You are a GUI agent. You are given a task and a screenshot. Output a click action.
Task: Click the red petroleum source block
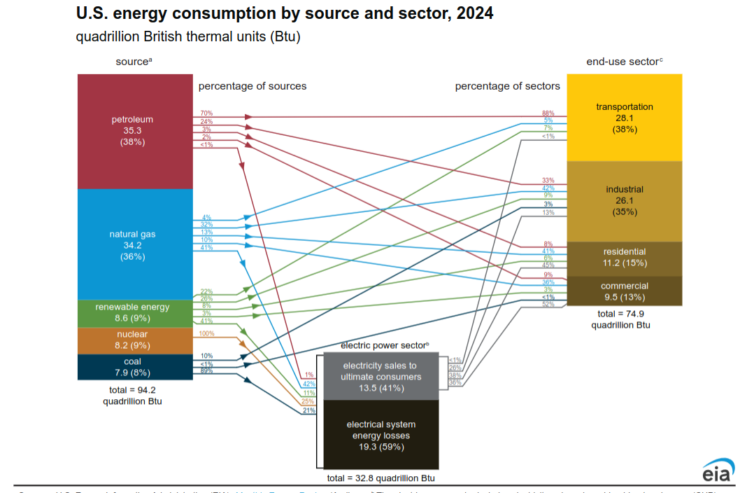134,131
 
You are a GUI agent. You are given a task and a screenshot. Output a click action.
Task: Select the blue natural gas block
134,244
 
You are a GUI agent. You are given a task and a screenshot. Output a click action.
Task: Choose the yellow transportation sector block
624,117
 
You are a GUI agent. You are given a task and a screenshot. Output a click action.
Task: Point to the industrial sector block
624,201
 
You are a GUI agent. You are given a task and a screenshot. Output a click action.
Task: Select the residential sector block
624,258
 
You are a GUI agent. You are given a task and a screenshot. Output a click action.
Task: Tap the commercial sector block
624,291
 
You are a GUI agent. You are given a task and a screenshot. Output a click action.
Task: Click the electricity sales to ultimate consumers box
380,376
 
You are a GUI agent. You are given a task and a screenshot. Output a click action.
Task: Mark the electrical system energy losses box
380,435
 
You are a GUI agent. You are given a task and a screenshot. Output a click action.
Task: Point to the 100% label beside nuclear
207,333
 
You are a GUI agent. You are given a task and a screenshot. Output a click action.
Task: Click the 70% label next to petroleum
206,113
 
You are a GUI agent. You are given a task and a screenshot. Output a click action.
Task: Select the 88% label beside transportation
548,113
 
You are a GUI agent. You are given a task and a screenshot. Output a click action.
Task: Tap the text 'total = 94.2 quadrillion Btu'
133,395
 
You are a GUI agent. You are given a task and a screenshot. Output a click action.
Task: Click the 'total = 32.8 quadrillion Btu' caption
380,478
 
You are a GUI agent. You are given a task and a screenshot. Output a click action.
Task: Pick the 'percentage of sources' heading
252,86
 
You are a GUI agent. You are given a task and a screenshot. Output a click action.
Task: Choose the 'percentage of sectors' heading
507,86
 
